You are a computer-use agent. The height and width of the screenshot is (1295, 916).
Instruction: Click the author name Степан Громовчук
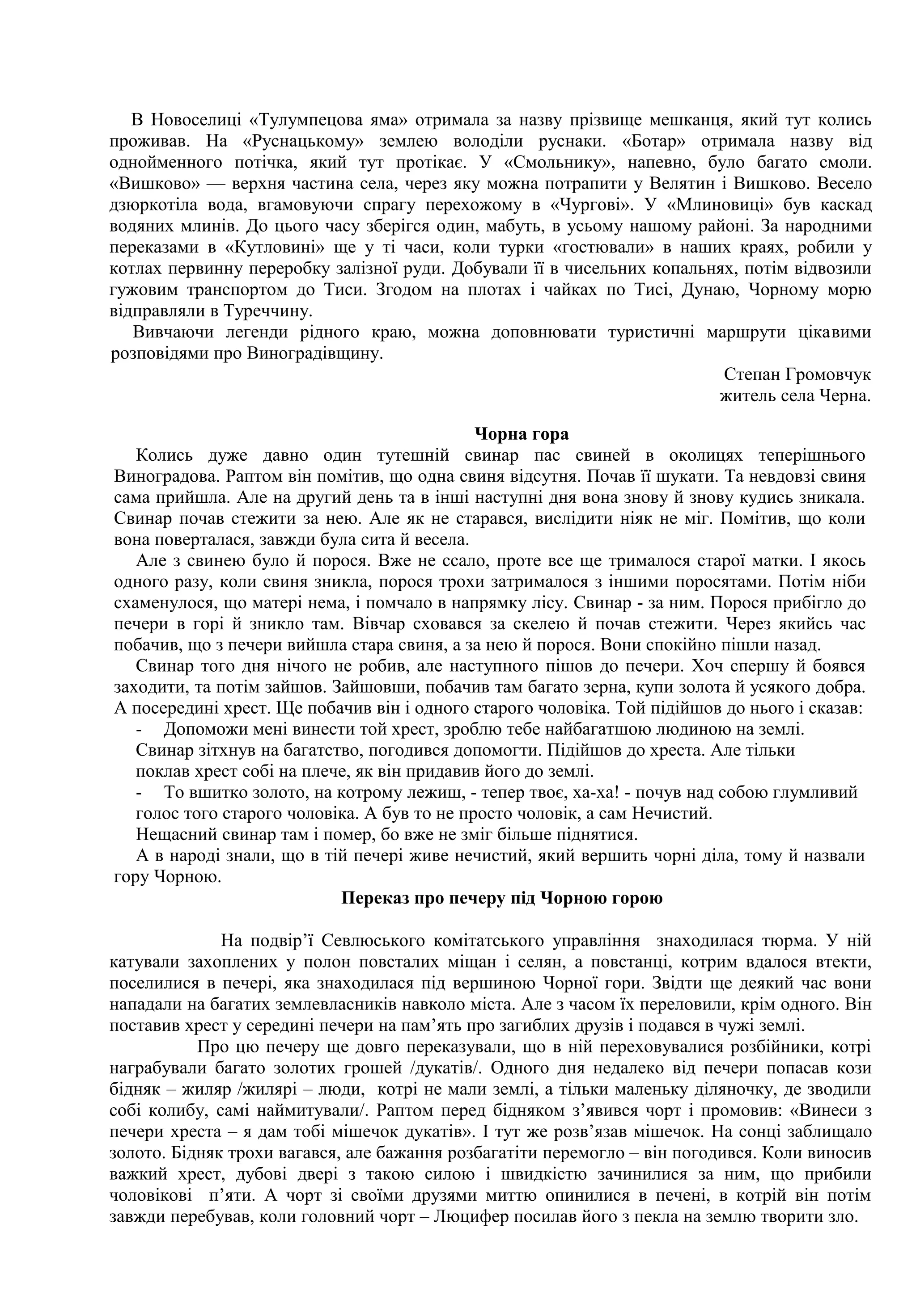pyautogui.click(x=797, y=374)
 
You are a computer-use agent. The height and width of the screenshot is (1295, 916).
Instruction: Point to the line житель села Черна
pyautogui.click(x=795, y=396)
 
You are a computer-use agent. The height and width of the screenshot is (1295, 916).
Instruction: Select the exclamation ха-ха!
pyautogui.click(x=598, y=792)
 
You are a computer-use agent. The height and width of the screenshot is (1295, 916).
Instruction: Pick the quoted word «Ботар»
pyautogui.click(x=638, y=142)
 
